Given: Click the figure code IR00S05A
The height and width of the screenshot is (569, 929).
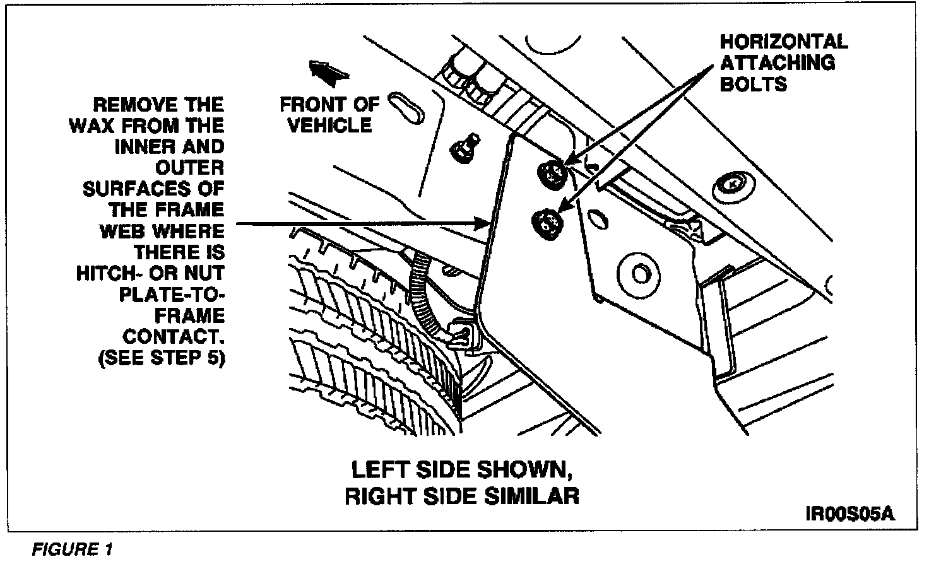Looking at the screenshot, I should (850, 513).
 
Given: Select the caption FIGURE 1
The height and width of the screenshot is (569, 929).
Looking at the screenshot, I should (72, 549).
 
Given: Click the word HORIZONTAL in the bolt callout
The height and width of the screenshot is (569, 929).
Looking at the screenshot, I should (784, 42).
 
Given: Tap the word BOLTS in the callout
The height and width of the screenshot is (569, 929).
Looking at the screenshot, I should (754, 84).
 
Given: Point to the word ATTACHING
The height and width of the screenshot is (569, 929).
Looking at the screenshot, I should (778, 63).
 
